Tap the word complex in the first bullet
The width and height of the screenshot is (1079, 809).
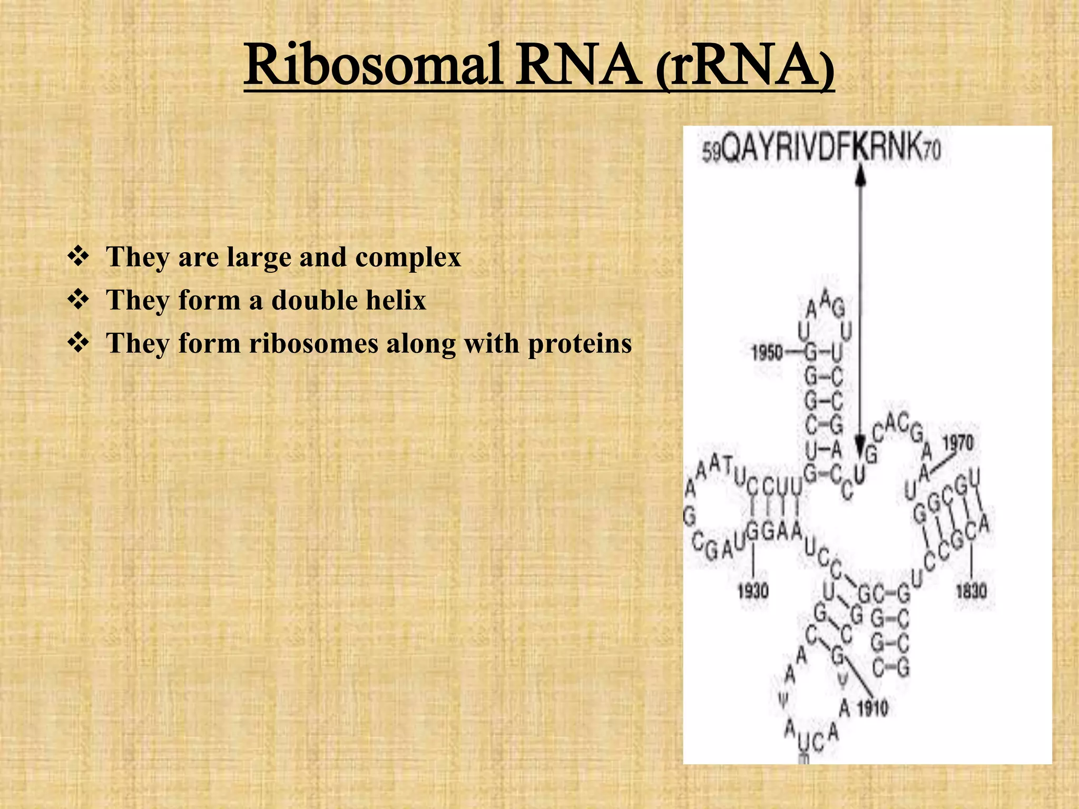(408, 258)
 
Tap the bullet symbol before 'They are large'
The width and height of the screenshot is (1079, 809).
(78, 257)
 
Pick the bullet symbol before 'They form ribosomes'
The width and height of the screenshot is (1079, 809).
(78, 343)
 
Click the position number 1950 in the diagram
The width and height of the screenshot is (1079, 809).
(767, 352)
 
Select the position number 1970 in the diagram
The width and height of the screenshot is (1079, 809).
(958, 442)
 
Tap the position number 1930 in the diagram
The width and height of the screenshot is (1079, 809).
(753, 591)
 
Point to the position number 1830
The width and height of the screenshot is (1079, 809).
(971, 591)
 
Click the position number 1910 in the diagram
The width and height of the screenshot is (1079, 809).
(872, 709)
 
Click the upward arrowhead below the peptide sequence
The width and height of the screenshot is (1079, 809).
(860, 174)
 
